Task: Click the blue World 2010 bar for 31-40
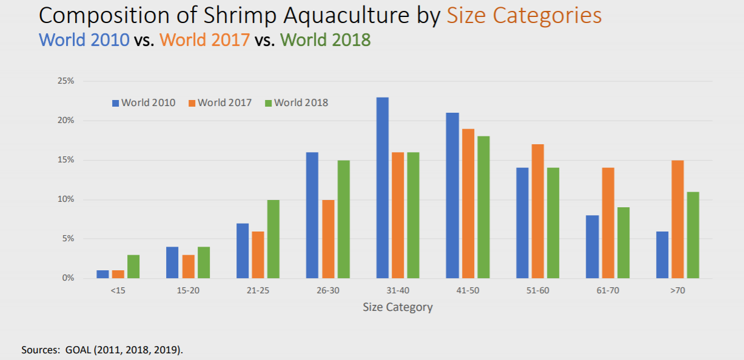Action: (x=382, y=188)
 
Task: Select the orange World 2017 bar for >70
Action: (x=678, y=219)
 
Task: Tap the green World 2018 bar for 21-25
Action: (x=273, y=239)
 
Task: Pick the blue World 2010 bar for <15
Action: (x=102, y=274)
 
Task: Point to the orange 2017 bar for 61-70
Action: (x=608, y=223)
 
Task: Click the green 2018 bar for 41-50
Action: (x=483, y=207)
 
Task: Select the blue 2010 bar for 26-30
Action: (x=312, y=215)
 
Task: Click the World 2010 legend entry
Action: (x=143, y=102)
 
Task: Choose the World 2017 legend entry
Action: (x=220, y=102)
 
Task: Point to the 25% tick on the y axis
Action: (x=65, y=81)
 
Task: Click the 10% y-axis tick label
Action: (x=65, y=199)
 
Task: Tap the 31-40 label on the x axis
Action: (x=398, y=291)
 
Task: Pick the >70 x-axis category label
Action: (x=677, y=291)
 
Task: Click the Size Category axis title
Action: (x=398, y=307)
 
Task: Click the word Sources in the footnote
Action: (x=40, y=350)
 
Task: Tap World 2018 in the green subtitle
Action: (x=326, y=40)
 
